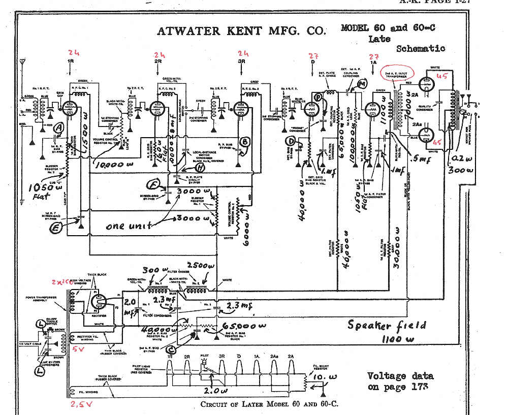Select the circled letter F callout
pyautogui.click(x=153, y=184)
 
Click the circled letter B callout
pyautogui.click(x=245, y=143)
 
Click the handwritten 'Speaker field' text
pyautogui.click(x=387, y=325)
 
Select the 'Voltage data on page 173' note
pyautogui.click(x=400, y=381)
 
